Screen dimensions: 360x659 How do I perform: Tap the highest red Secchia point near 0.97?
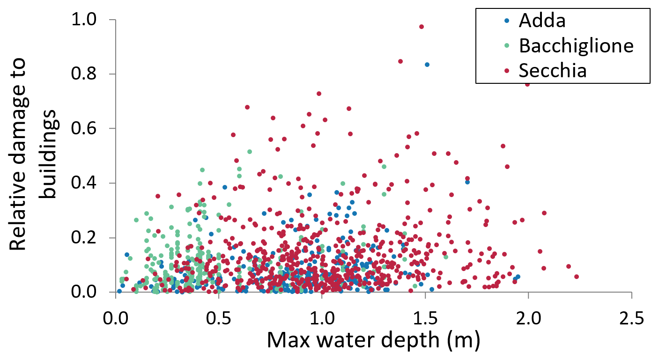pyautogui.click(x=422, y=27)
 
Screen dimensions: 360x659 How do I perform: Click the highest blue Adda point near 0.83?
pyautogui.click(x=427, y=65)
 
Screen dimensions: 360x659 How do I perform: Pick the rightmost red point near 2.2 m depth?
pyautogui.click(x=576, y=277)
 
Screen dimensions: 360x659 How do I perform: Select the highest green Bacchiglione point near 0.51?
pyautogui.click(x=250, y=152)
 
